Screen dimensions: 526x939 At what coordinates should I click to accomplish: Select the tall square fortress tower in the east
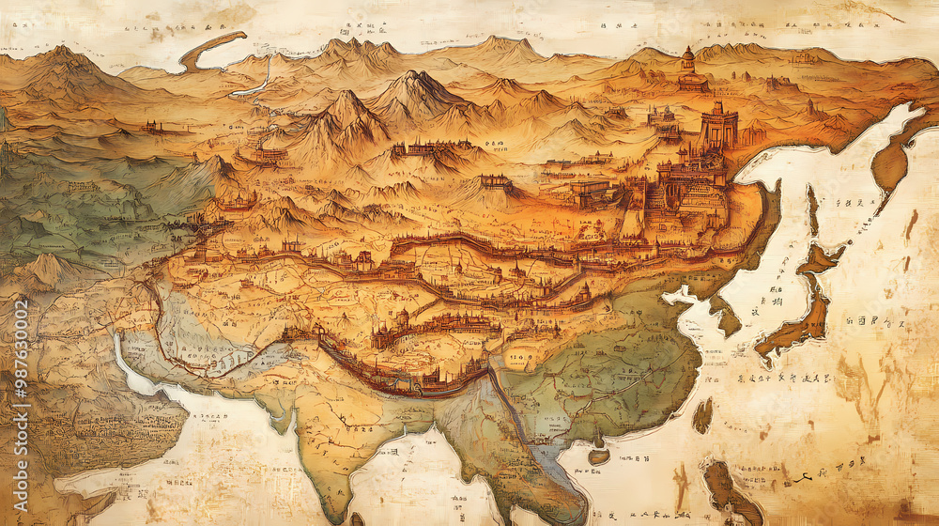pos(718,127)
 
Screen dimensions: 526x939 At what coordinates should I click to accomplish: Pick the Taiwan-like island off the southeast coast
pos(701,414)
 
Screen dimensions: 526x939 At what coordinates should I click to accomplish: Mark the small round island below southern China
pos(598,455)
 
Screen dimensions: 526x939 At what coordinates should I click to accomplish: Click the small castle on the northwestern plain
pos(151,125)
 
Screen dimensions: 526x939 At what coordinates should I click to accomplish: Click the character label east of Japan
pos(869,322)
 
